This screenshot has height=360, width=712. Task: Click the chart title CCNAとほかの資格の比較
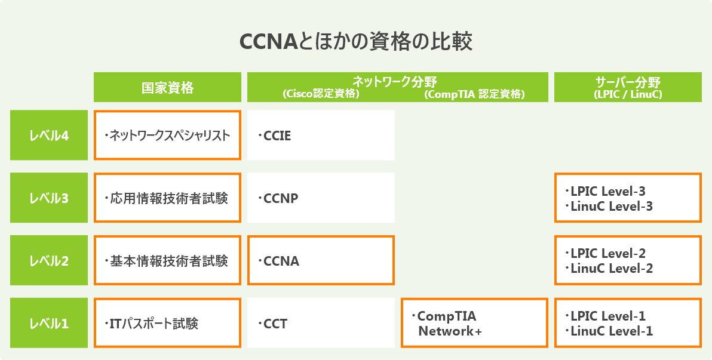(x=356, y=42)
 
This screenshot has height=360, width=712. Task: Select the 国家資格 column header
(x=167, y=88)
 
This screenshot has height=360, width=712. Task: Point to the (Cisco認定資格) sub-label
(x=321, y=94)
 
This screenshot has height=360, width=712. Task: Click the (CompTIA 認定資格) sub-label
(x=474, y=94)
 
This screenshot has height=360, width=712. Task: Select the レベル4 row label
(x=49, y=136)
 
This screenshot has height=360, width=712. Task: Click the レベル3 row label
(x=49, y=198)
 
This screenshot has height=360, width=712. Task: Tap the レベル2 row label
(x=49, y=261)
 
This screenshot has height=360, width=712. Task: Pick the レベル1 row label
(x=49, y=324)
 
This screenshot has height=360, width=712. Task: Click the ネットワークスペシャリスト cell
(x=167, y=136)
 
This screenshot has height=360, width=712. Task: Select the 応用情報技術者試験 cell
(x=167, y=198)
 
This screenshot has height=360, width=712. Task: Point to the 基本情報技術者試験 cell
(x=167, y=261)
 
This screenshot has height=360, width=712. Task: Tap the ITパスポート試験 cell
(x=167, y=324)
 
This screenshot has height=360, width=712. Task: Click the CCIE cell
(x=321, y=136)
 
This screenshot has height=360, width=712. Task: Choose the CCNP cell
(x=321, y=198)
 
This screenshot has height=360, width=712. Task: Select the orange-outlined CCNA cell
(x=321, y=261)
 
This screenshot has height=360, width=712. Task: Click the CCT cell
(x=321, y=324)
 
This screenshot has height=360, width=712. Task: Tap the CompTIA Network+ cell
(x=474, y=324)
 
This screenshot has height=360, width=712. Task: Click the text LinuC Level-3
(x=612, y=207)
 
